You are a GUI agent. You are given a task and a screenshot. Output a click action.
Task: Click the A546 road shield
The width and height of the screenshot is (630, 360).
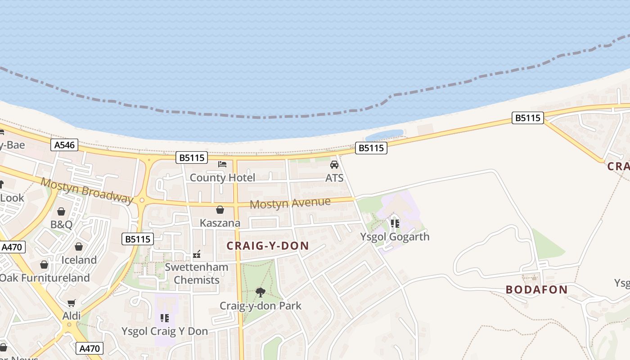click(65, 145)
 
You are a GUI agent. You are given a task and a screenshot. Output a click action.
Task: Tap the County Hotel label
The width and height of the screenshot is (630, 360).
click(222, 178)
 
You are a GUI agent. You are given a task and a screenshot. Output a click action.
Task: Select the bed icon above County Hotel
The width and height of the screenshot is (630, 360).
click(222, 164)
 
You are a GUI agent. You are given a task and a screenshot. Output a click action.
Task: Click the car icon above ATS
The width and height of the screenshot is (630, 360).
click(334, 165)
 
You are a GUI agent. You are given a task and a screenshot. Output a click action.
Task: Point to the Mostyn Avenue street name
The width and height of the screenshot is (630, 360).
click(290, 203)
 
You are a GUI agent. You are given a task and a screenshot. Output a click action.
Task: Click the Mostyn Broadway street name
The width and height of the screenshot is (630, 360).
click(87, 190)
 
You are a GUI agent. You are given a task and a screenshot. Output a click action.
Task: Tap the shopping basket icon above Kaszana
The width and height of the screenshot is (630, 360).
click(220, 210)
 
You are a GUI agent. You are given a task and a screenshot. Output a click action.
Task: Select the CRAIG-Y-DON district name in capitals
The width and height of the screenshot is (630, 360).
click(268, 246)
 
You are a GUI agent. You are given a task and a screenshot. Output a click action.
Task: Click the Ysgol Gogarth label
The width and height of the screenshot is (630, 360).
click(395, 237)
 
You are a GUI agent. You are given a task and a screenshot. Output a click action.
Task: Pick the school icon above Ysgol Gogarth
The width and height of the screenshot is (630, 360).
click(395, 223)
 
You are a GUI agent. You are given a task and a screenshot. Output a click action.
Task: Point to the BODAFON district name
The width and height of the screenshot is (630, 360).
click(536, 289)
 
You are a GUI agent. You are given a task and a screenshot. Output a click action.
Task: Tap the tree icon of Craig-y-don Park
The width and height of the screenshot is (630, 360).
click(260, 292)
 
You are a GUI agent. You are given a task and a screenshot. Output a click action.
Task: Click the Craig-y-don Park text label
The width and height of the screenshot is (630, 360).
click(261, 306)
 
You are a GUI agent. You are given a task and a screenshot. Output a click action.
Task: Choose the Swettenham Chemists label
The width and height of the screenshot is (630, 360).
click(197, 273)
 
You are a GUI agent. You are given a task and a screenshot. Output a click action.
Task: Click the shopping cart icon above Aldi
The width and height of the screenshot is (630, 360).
click(72, 303)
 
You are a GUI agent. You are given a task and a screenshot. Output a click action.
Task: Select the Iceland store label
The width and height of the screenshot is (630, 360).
click(79, 260)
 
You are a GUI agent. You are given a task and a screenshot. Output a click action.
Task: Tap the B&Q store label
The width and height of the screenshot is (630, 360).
click(61, 225)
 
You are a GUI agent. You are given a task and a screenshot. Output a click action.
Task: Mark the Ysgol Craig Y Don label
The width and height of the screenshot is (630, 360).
click(165, 331)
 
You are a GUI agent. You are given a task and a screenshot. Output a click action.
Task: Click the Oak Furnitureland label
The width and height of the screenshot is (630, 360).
click(45, 278)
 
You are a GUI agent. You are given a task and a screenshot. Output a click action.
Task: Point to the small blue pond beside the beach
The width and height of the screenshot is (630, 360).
click(384, 135)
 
